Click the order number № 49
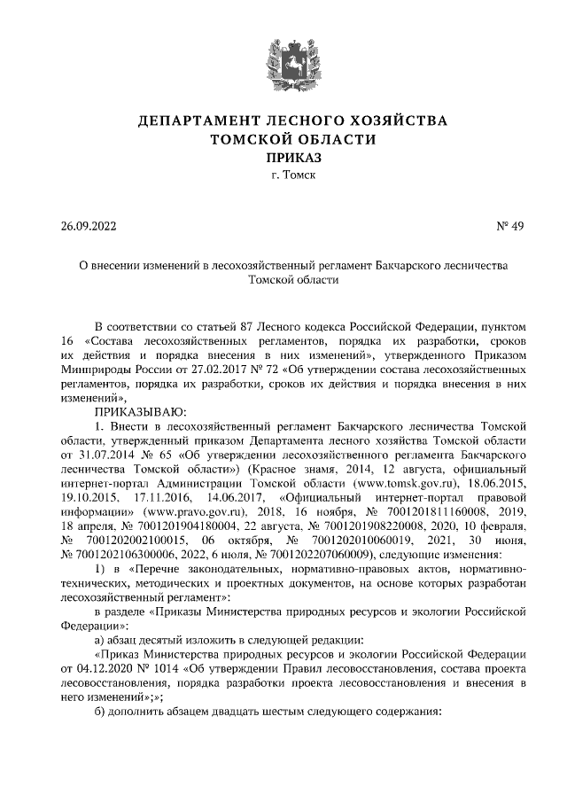tap(509, 225)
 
